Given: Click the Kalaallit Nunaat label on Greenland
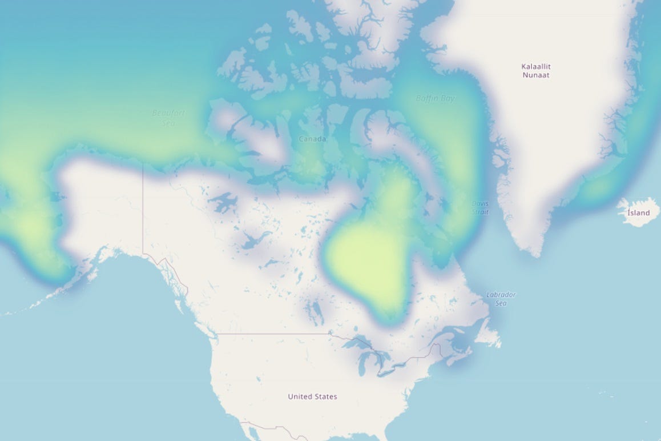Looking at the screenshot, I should click(x=536, y=71).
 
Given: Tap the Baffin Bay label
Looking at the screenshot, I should click(x=436, y=98).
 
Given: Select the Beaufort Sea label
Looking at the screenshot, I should click(x=169, y=117).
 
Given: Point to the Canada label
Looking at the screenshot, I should click(x=313, y=139).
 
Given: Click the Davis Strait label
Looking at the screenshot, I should click(x=480, y=207).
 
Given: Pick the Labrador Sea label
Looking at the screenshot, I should click(x=501, y=299).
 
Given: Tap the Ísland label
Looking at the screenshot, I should click(x=638, y=213).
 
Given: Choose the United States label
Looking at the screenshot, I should click(x=312, y=396).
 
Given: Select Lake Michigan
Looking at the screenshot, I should click(x=362, y=366).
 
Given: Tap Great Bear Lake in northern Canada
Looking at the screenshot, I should click(x=225, y=201).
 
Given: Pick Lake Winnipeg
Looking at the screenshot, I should click(x=313, y=311).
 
